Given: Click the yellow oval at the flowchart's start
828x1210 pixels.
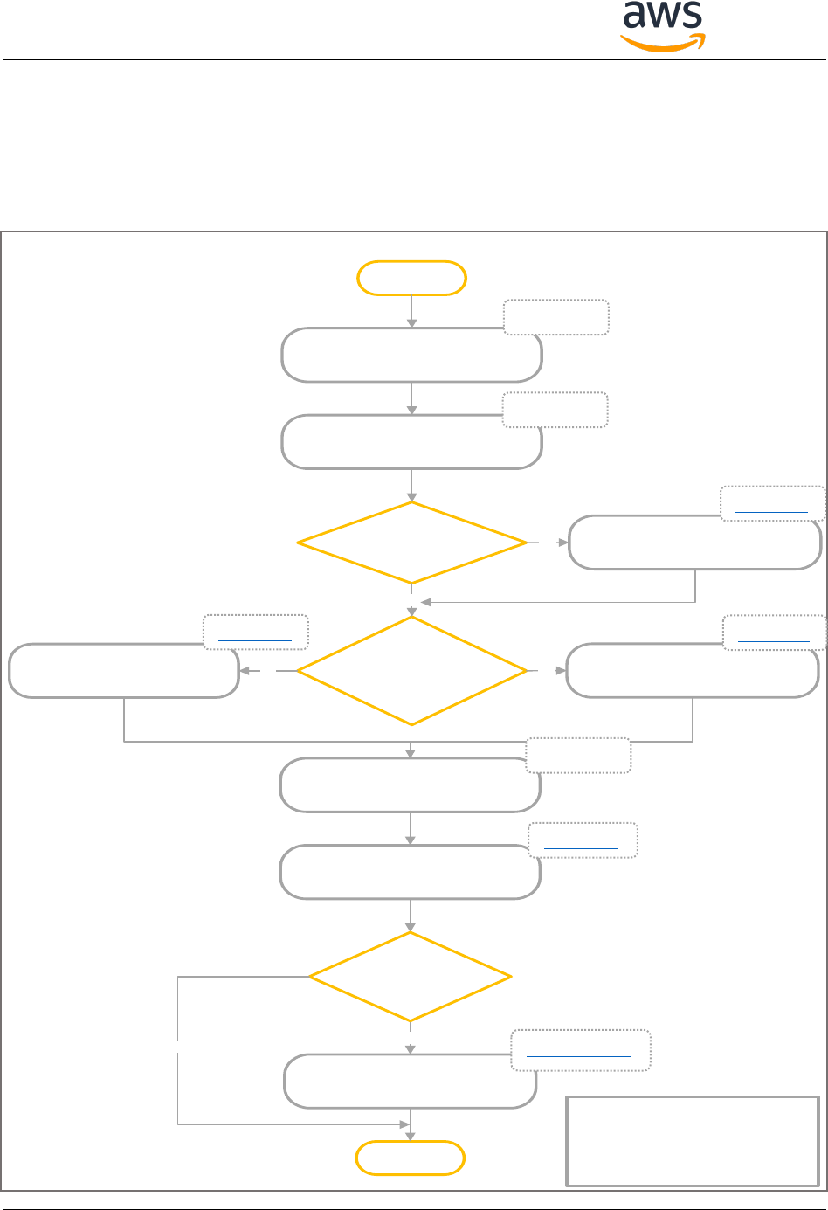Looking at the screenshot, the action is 411,278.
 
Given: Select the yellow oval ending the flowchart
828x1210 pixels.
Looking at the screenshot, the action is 411,1158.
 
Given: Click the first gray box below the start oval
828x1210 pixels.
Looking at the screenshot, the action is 411,355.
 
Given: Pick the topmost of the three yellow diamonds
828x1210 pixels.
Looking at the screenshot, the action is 411,543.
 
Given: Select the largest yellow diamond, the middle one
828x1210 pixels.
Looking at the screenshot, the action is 411,671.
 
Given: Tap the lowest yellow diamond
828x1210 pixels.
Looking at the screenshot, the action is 410,977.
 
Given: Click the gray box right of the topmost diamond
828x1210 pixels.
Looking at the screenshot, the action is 694,543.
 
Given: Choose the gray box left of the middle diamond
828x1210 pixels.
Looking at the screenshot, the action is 124,671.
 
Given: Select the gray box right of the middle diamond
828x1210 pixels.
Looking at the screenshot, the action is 693,671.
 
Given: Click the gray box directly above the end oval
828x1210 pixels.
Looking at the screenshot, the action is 410,1082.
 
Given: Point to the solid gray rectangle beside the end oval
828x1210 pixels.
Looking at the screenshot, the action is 693,1140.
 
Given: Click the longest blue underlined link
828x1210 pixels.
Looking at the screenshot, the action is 579,1056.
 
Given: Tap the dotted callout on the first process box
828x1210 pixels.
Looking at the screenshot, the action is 555,317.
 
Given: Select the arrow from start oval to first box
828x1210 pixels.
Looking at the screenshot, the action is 411,311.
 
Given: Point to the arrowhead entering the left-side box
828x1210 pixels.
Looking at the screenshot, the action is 245,671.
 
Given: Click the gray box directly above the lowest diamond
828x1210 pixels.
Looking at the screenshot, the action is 410,872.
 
